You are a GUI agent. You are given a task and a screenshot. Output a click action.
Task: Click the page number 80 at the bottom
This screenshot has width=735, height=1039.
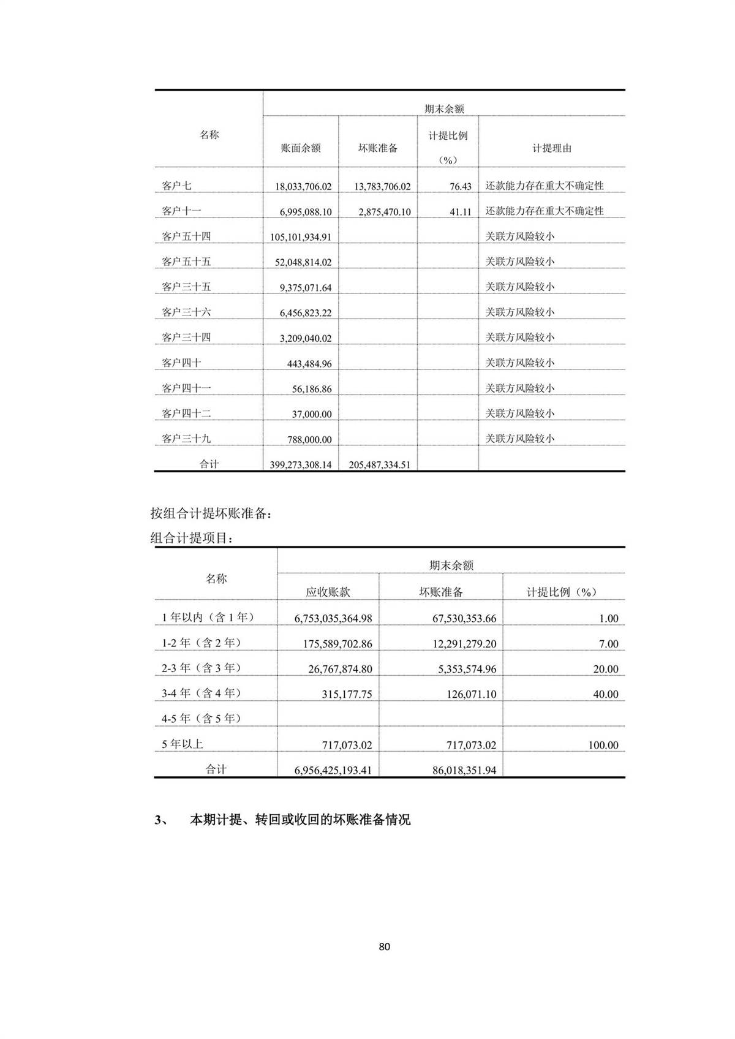384,946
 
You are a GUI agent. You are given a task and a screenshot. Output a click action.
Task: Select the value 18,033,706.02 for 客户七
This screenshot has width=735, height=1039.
303,186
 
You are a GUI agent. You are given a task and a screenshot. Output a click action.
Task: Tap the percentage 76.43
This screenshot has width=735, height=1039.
460,186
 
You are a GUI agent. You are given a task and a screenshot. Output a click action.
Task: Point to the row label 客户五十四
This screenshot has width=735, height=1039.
186,236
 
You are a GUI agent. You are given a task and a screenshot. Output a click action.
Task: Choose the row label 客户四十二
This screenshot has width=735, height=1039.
186,413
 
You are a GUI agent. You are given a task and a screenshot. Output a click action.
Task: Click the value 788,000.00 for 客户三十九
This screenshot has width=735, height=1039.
309,439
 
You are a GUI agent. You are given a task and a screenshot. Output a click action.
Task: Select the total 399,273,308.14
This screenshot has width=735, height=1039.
300,465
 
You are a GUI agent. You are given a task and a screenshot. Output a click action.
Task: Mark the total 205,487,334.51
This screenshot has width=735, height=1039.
379,465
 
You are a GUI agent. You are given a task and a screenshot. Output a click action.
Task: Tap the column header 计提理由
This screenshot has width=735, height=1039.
551,148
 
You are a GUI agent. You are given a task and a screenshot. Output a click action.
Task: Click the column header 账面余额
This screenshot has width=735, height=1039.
300,148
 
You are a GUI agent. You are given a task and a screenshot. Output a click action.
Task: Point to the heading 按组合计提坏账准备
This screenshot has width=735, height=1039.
210,513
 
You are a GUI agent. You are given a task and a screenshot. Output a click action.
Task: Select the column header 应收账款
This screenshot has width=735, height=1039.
328,592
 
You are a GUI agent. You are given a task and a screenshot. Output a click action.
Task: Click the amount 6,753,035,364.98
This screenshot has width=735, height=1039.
333,619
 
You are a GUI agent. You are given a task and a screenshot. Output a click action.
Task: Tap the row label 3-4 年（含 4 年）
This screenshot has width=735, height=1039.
201,693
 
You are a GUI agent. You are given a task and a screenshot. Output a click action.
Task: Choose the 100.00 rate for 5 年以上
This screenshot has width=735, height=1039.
603,745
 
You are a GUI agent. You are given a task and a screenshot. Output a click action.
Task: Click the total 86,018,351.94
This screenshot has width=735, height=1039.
464,770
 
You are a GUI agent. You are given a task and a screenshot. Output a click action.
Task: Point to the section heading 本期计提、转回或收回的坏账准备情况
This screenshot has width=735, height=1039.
300,820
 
